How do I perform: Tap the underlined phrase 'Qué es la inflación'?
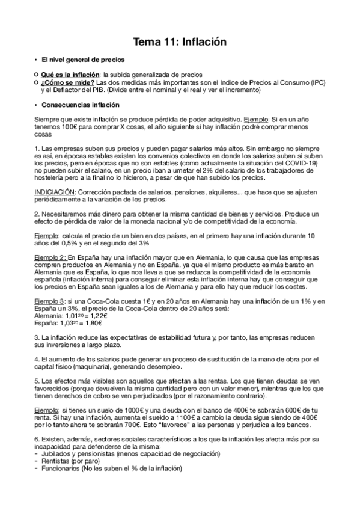click(70, 75)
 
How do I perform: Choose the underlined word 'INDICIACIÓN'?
click(55, 192)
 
